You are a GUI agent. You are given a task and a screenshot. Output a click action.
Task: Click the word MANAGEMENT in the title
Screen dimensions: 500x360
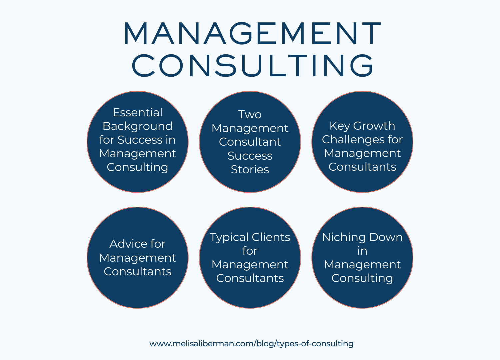click(x=252, y=34)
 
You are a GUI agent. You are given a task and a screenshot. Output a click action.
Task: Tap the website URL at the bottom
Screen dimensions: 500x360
click(x=251, y=344)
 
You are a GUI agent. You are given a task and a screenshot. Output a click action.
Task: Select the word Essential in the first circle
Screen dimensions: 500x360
click(x=137, y=113)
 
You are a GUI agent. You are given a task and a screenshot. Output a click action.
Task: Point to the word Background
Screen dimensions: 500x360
click(x=137, y=126)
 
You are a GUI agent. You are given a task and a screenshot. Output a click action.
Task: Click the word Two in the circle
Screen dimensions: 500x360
click(x=250, y=115)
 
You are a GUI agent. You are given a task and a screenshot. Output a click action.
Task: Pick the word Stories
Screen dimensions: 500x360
click(x=250, y=170)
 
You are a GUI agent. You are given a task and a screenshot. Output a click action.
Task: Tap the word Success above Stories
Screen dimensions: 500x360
click(x=250, y=156)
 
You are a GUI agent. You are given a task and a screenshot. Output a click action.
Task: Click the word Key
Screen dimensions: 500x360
click(x=340, y=126)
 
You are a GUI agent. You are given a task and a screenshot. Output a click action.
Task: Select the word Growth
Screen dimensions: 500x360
click(x=374, y=126)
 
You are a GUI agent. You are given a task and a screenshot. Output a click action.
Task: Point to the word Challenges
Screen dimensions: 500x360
click(x=353, y=140)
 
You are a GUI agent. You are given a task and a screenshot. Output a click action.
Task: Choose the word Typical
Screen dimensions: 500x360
click(x=229, y=237)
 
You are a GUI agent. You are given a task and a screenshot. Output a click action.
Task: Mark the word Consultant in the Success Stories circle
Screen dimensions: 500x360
click(x=250, y=142)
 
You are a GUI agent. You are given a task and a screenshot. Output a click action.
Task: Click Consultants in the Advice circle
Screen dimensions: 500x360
click(x=137, y=272)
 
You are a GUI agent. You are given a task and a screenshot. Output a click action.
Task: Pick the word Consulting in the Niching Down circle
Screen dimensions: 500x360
click(x=362, y=278)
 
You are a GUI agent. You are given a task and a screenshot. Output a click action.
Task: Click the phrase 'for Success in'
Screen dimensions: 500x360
click(x=137, y=140)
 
